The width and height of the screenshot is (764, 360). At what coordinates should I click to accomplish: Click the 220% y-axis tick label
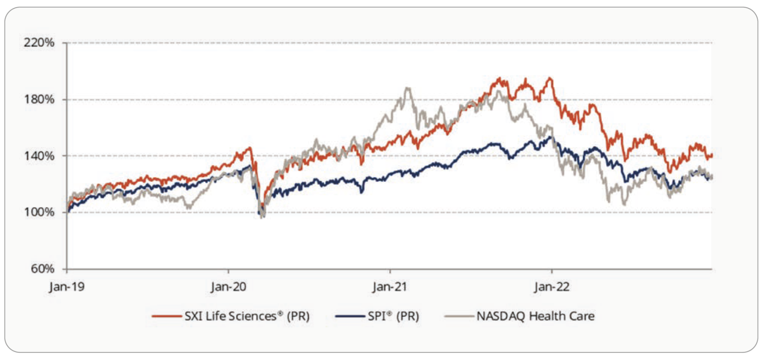[x=39, y=43]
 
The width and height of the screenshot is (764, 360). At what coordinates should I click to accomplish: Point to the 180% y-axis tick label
[x=39, y=99]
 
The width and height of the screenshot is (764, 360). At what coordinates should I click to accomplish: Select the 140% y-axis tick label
[x=39, y=156]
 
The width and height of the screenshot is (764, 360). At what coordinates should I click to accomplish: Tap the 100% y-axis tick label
[x=39, y=212]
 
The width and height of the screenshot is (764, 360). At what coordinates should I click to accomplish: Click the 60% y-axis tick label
[x=43, y=269]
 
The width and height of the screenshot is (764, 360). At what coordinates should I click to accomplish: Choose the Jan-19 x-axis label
[x=67, y=287]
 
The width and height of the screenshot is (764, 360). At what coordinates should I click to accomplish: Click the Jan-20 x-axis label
[x=228, y=287]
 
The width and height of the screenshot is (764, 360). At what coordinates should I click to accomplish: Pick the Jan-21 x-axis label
[x=390, y=287]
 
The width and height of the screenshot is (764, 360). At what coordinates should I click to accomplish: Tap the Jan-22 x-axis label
[x=552, y=287]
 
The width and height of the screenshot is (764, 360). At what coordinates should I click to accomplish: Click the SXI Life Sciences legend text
[x=247, y=316]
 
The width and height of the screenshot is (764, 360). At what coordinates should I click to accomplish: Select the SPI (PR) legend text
[x=393, y=316]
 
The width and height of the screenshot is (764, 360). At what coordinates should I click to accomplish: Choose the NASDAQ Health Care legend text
[x=535, y=316]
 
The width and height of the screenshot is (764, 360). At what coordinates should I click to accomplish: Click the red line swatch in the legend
[x=166, y=316]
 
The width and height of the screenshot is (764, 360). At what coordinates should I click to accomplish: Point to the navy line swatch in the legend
[x=350, y=316]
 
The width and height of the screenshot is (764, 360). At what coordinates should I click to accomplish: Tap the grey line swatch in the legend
[x=459, y=316]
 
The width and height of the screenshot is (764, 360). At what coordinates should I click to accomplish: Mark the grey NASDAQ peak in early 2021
[x=408, y=88]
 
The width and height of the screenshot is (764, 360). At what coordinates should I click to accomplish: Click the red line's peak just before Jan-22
[x=549, y=78]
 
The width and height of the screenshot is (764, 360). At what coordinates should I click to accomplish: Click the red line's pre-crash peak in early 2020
[x=250, y=148]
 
